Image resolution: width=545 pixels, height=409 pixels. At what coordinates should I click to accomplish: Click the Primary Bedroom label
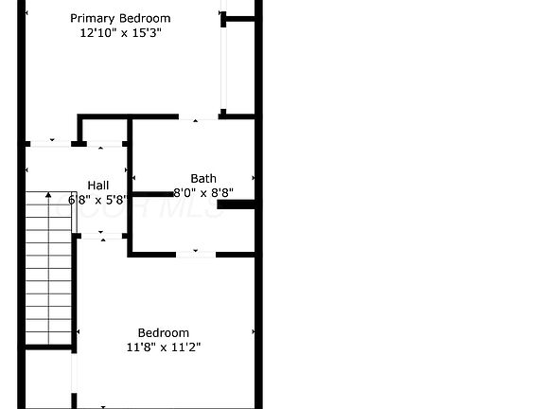[120, 18]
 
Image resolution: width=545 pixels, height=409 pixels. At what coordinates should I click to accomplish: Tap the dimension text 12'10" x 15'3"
[120, 33]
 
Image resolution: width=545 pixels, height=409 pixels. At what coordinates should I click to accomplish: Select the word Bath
[203, 178]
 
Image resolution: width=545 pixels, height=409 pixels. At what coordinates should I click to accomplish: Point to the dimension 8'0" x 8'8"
[203, 193]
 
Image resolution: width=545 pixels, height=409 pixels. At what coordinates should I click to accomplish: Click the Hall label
[98, 186]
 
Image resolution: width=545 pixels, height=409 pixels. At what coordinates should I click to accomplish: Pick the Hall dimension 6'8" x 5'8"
[98, 200]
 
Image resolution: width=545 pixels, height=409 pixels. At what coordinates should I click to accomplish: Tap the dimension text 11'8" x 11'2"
[164, 347]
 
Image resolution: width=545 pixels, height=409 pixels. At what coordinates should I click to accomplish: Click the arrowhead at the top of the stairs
[48, 194]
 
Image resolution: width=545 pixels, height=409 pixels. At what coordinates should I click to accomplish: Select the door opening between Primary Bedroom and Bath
[199, 117]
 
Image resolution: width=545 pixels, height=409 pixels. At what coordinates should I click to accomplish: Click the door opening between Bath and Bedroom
[196, 255]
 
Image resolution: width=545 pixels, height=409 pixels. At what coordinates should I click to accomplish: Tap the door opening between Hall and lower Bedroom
[101, 236]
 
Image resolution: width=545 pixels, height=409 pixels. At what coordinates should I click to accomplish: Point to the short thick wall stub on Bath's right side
[237, 204]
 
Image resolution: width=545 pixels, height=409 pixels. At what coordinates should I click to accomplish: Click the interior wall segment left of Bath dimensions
[153, 194]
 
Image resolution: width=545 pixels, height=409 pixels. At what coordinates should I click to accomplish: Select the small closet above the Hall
[105, 131]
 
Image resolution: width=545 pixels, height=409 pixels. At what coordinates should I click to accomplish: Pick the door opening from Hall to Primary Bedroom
[51, 144]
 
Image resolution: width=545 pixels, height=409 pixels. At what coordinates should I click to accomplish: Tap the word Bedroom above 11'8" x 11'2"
[164, 333]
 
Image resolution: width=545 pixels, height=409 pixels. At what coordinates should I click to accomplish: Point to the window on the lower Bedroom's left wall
[74, 374]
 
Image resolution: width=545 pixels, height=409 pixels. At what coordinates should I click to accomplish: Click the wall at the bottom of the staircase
[48, 347]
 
